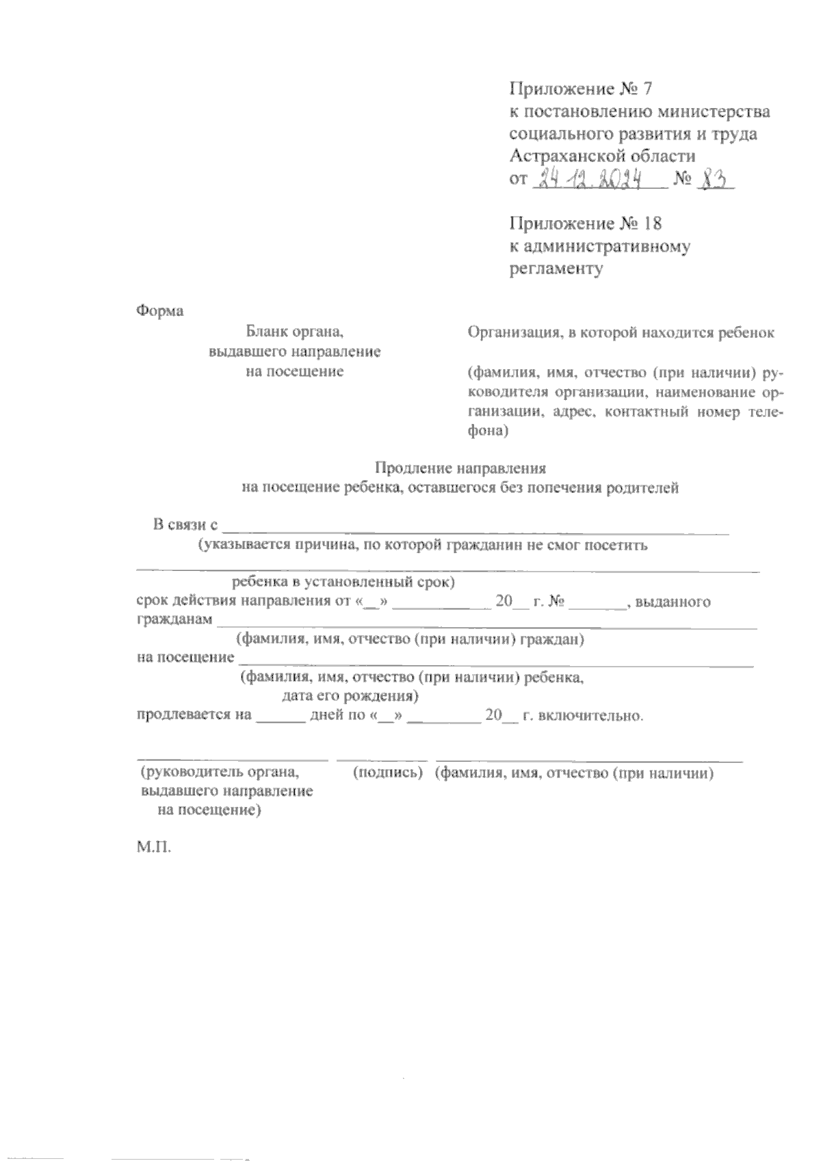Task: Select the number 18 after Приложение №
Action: (653, 224)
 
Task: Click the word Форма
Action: (160, 311)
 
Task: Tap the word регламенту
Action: (556, 269)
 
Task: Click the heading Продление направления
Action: (460, 468)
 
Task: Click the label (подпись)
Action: (386, 773)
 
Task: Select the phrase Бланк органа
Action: (294, 333)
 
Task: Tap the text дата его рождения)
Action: (350, 697)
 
